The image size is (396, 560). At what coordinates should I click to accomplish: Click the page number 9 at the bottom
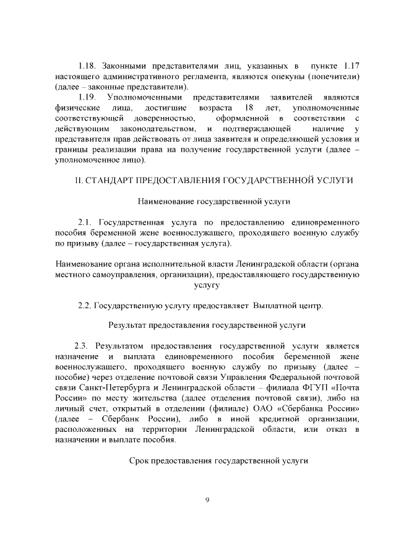point(207,499)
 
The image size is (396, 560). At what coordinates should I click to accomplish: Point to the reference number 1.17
point(351,65)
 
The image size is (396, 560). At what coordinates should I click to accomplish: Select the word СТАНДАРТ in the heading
point(108,180)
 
